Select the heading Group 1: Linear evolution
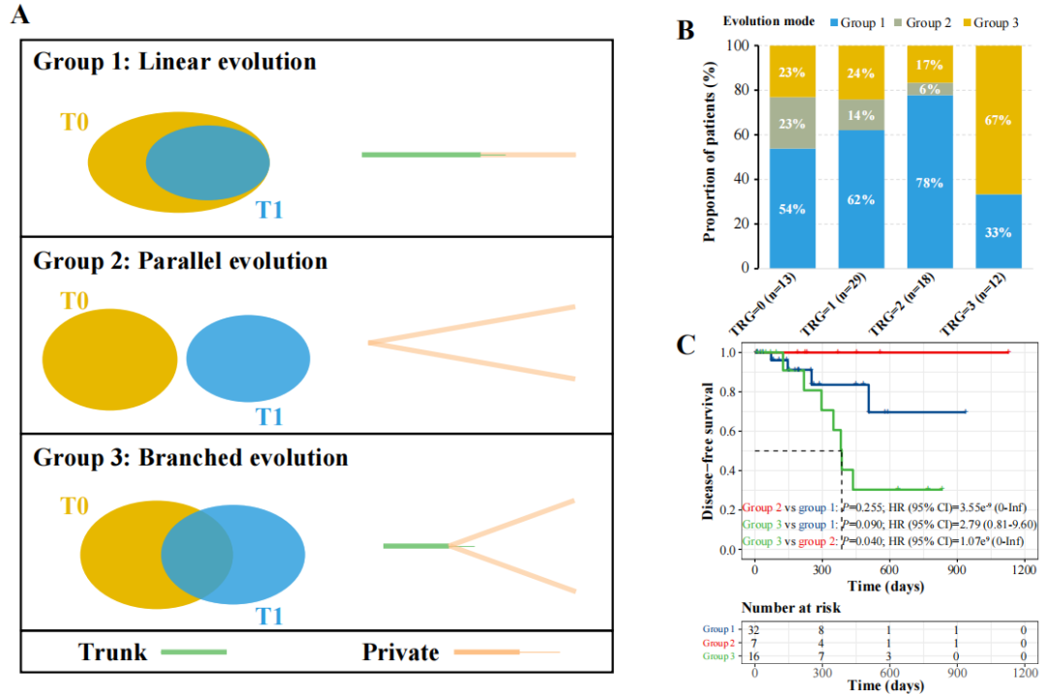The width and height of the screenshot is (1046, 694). pyautogui.click(x=175, y=62)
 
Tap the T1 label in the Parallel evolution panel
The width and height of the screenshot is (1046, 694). pyautogui.click(x=268, y=417)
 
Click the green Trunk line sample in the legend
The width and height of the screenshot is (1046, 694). pyautogui.click(x=193, y=652)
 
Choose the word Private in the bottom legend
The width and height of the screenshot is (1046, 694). pyautogui.click(x=400, y=652)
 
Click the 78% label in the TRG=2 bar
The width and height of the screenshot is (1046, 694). pyautogui.click(x=933, y=183)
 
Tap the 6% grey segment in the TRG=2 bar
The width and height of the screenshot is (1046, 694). pyautogui.click(x=933, y=88)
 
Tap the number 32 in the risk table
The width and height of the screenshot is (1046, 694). pyautogui.click(x=754, y=628)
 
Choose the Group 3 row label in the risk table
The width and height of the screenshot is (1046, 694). pyautogui.click(x=719, y=657)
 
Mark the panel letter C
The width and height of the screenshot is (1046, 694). pyautogui.click(x=686, y=346)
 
